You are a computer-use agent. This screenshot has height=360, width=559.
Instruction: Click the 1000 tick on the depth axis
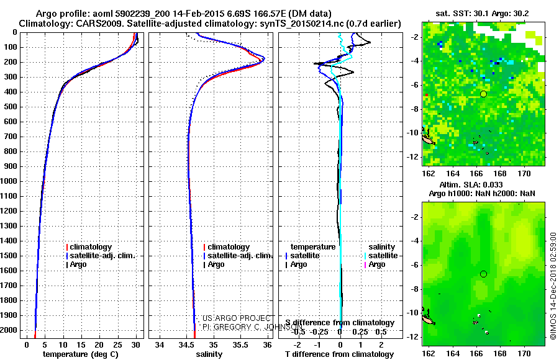[x=11, y=181]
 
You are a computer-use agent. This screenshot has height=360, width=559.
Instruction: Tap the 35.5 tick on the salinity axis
[x=240, y=344]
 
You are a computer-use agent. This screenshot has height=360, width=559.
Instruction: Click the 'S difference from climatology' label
[x=339, y=323]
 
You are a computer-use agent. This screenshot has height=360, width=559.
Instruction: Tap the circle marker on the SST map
[x=483, y=93]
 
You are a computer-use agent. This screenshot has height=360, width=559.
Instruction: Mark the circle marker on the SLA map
[x=483, y=274]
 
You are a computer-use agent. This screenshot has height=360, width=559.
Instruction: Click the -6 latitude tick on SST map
[x=414, y=85]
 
